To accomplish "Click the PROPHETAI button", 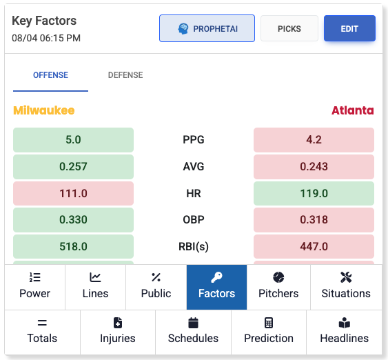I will click(207, 28).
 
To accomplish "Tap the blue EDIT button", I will click(349, 28).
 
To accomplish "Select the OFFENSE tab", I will click(50, 75).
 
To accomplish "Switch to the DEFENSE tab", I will click(125, 75).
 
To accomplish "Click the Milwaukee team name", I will click(43, 110).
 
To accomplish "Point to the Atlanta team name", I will click(352, 110).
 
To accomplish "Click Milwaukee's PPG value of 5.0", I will click(73, 139).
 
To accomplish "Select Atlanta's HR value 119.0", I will click(314, 193).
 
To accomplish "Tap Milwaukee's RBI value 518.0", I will click(73, 246).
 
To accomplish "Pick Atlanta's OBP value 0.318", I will click(314, 220).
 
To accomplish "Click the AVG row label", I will click(193, 166).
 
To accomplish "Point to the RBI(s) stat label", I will click(193, 246).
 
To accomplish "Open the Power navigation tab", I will click(34, 286).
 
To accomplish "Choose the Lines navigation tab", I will click(95, 286).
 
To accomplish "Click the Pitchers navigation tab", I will click(278, 286).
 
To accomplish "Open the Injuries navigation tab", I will click(117, 331).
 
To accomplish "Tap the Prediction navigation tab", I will click(269, 331).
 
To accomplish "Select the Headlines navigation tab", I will click(344, 331).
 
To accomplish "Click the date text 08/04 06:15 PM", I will click(46, 38).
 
